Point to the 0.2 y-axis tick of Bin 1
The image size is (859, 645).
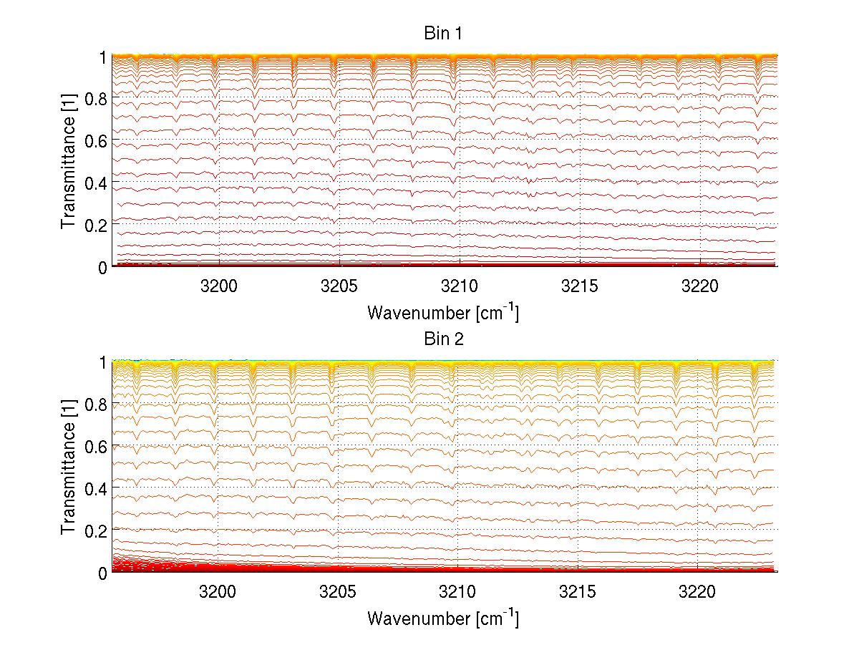coord(97,225)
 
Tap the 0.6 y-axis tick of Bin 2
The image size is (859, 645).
coord(97,446)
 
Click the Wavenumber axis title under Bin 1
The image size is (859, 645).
coord(443,312)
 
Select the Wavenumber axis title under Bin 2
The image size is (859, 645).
coord(443,618)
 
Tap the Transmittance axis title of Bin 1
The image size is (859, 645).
coord(68,161)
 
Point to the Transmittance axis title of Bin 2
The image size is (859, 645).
coord(68,467)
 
